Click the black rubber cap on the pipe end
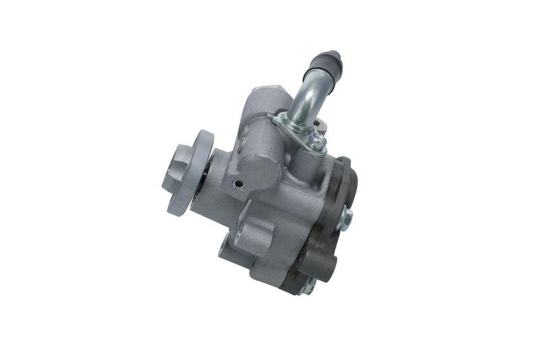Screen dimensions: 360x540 click(x=327, y=63)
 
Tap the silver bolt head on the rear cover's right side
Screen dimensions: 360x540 click(x=345, y=217)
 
